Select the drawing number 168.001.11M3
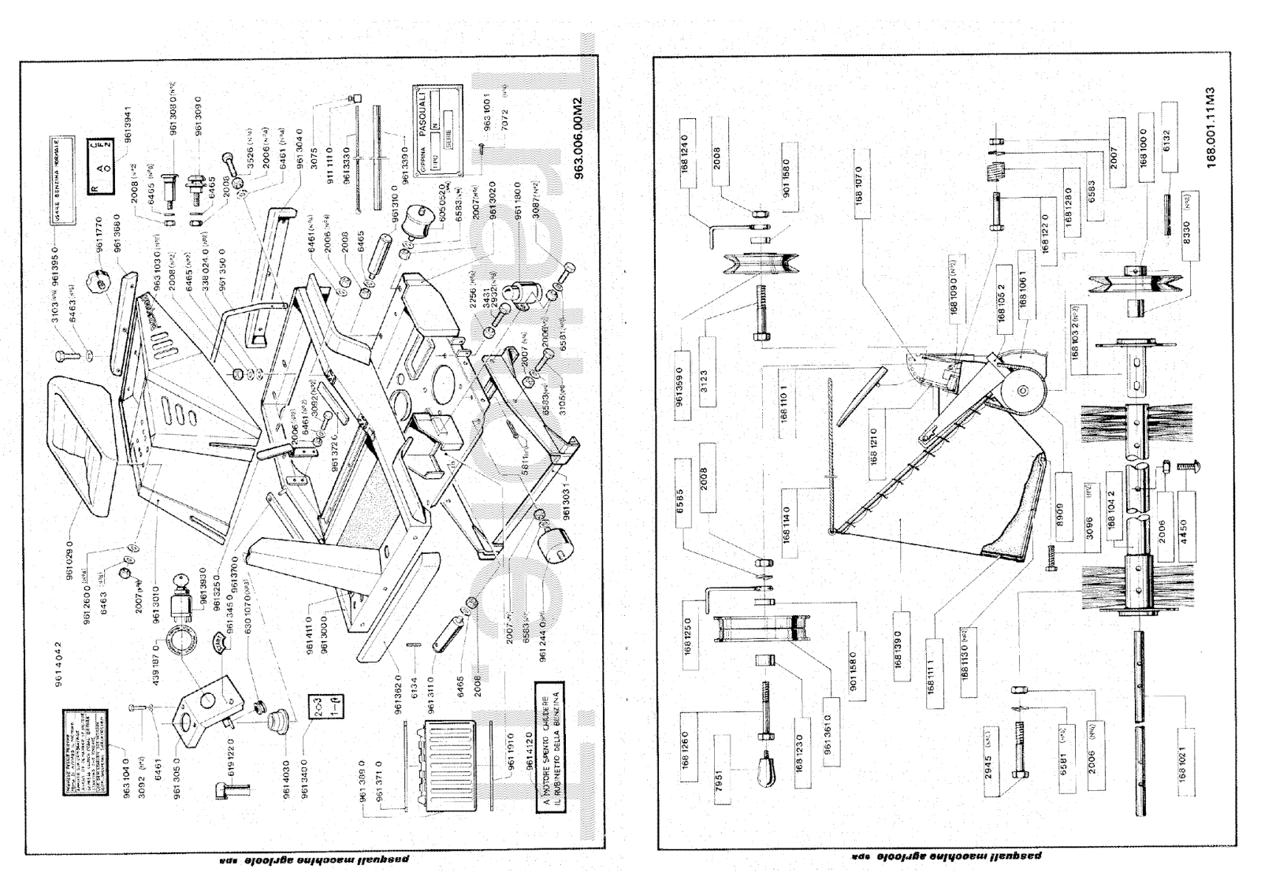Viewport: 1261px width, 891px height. pyautogui.click(x=1211, y=127)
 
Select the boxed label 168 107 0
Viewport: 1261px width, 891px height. pyautogui.click(x=858, y=184)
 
